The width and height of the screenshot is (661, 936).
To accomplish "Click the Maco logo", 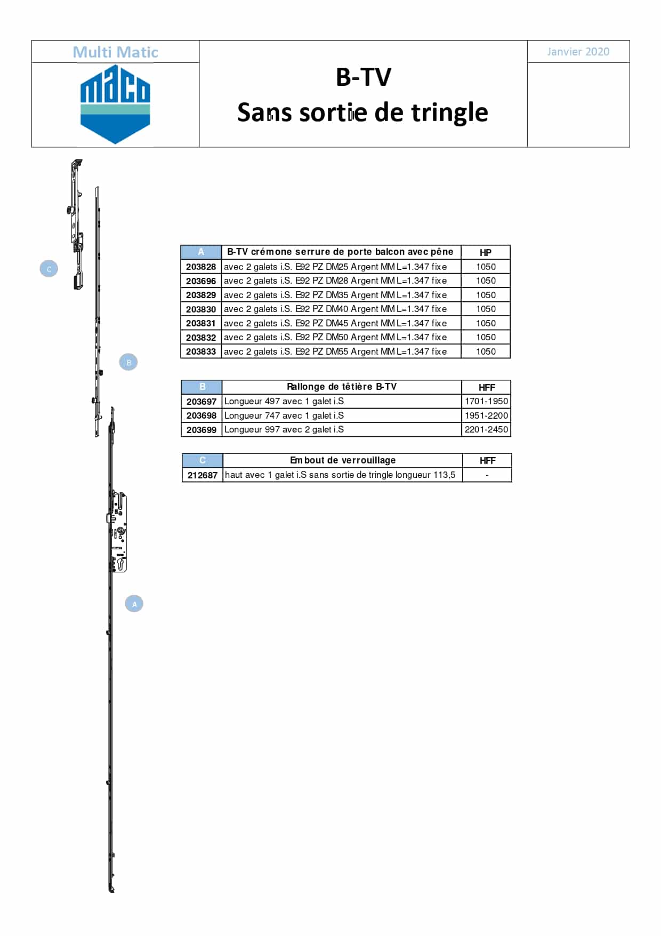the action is point(115,105).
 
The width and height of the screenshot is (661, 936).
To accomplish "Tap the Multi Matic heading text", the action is point(115,52).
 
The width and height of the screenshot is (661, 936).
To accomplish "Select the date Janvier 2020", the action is point(578,52).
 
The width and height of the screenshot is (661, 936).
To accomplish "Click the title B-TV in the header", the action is point(364,77).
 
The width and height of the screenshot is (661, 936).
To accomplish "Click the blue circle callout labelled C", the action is point(49,269).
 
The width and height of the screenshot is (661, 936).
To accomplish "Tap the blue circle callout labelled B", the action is point(128,362).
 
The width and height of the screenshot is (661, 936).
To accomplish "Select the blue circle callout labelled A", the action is point(134,604).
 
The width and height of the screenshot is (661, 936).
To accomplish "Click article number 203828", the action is point(201,267).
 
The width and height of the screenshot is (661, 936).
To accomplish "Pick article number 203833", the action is point(201,351).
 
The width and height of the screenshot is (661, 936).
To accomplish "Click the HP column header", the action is point(486,253).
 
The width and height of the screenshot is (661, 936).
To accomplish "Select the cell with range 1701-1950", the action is point(486,401).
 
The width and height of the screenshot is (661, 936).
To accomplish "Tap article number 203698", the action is point(201,415).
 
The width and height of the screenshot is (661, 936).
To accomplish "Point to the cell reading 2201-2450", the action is point(486,429).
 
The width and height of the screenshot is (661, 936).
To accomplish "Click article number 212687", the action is point(203,475).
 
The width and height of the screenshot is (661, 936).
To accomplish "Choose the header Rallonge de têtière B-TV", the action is point(342,387).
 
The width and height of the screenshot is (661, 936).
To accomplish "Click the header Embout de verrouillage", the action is point(343,460).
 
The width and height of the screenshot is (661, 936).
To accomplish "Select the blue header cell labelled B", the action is point(202,387).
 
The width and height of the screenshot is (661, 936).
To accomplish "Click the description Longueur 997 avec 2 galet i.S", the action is point(284,429).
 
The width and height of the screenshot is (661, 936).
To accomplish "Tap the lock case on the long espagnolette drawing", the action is point(118,532).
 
